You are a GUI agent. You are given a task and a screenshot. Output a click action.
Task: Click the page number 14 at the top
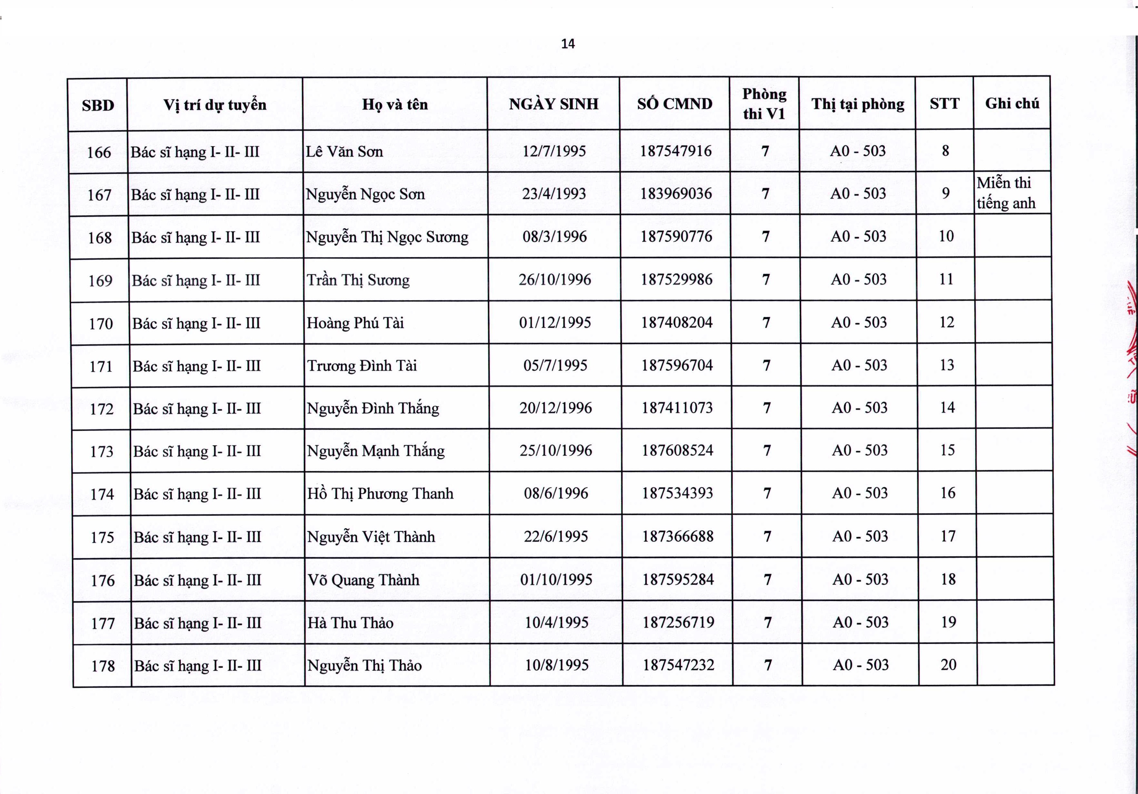(568, 44)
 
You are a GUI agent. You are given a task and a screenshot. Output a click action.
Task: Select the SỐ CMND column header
(675, 104)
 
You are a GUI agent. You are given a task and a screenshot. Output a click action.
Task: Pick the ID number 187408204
(677, 323)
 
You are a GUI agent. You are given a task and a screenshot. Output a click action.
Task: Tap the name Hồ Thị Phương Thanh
(380, 494)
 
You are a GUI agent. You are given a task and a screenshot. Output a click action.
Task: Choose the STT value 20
(948, 665)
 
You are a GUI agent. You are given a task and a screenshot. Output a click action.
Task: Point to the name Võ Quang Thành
(363, 580)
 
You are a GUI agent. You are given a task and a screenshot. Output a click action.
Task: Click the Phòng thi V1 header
(764, 104)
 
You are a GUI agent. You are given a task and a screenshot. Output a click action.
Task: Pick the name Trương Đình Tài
(362, 366)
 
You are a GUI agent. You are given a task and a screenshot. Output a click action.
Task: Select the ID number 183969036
(676, 194)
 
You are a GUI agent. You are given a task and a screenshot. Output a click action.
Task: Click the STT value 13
(947, 365)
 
